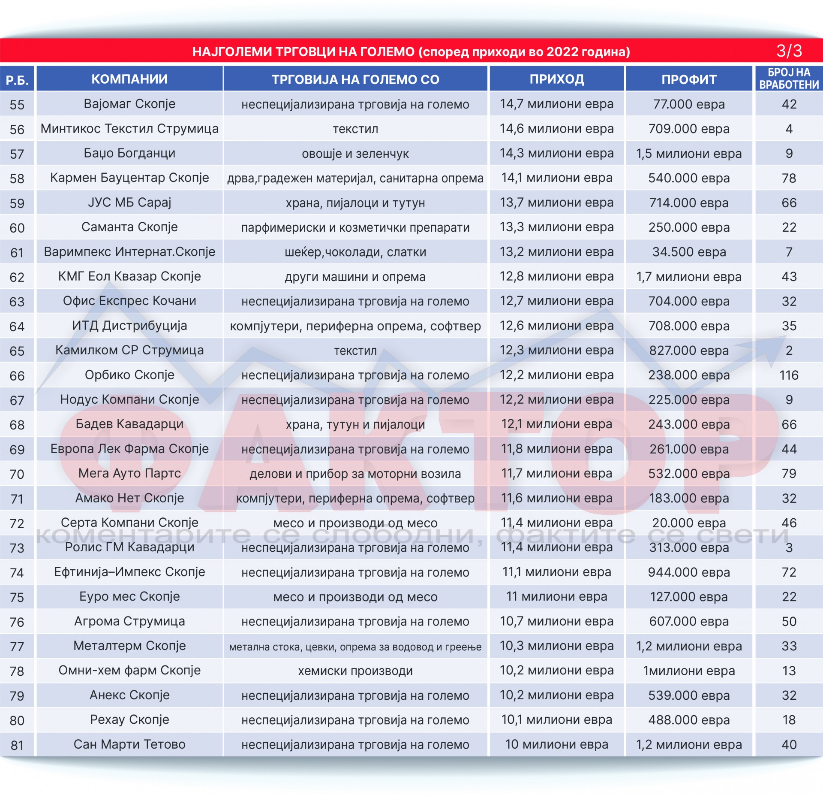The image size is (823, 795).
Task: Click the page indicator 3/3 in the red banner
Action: [x=789, y=51]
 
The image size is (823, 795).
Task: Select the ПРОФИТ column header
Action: [x=688, y=79]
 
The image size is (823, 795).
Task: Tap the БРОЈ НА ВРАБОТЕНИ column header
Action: [x=789, y=79]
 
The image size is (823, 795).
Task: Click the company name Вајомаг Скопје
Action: [x=129, y=104]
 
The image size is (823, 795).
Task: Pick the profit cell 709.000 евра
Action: [x=688, y=129]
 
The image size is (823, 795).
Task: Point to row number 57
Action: [x=17, y=154]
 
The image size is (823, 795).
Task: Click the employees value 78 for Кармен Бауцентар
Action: [x=789, y=178]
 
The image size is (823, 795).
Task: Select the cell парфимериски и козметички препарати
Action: [x=355, y=227]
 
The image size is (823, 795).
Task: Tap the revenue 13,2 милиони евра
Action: [x=556, y=252]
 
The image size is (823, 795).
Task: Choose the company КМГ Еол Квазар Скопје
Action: [x=129, y=276]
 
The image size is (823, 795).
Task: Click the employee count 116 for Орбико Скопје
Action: [x=789, y=375]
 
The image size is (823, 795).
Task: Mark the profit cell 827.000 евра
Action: [x=688, y=351]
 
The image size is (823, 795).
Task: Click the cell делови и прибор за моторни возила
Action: [x=355, y=474]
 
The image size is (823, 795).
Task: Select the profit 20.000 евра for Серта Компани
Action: [x=688, y=523]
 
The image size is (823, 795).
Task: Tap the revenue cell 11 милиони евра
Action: [x=556, y=597]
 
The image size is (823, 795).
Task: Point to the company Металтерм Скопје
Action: [x=129, y=646]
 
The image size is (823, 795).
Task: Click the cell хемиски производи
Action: [x=355, y=671]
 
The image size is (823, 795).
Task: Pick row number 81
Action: [x=17, y=745]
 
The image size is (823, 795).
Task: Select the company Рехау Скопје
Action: [x=129, y=719]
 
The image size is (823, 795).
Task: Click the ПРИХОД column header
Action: [x=556, y=79]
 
